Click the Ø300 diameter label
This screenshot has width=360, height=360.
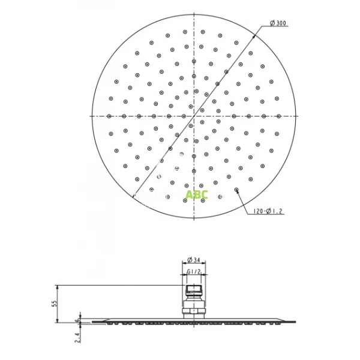click(x=279, y=23)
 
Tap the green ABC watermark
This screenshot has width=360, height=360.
click(x=197, y=194)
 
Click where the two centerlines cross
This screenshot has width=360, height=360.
click(x=195, y=115)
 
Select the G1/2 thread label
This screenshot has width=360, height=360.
click(x=194, y=272)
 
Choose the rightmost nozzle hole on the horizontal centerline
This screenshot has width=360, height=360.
click(x=280, y=116)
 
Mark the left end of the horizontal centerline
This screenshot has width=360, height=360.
click(x=91, y=115)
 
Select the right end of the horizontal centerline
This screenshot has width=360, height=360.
click(x=299, y=115)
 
